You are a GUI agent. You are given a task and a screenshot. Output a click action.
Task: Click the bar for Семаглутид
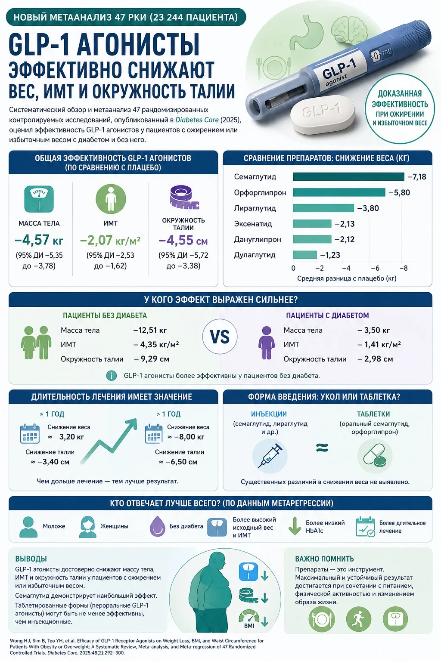click(x=348, y=176)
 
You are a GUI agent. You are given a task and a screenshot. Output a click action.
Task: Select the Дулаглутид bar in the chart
click(x=305, y=255)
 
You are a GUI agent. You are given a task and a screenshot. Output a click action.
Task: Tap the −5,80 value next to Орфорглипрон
click(x=399, y=193)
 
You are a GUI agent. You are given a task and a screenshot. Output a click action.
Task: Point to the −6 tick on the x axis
click(x=375, y=268)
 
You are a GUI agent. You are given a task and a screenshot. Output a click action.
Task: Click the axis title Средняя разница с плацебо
click(x=347, y=278)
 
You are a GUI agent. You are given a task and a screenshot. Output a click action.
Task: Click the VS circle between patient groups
click(x=220, y=337)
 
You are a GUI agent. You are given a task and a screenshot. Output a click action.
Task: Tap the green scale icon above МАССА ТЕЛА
click(x=39, y=199)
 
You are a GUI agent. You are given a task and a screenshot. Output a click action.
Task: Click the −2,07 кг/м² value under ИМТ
click(x=110, y=240)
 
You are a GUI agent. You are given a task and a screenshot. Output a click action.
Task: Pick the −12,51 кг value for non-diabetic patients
click(x=150, y=330)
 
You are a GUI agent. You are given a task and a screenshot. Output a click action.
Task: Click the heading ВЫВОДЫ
click(x=31, y=559)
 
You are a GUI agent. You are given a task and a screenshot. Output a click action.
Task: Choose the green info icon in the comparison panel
click(x=112, y=376)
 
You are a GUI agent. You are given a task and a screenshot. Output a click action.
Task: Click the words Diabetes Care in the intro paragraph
click(x=197, y=120)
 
